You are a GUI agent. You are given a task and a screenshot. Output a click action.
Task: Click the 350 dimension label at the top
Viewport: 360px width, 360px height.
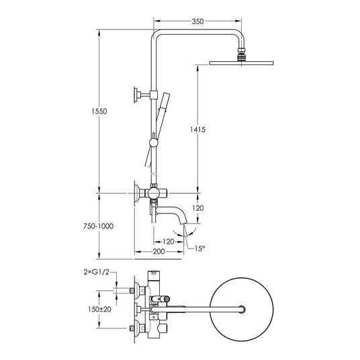click(x=197, y=21)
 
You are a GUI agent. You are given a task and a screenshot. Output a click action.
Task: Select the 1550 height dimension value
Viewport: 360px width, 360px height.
click(x=99, y=111)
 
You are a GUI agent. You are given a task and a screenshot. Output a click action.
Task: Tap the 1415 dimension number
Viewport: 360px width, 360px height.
click(x=197, y=130)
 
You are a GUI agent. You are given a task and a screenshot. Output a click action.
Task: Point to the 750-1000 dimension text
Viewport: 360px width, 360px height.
click(x=98, y=226)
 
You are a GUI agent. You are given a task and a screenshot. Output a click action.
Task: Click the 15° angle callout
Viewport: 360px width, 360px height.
click(x=199, y=249)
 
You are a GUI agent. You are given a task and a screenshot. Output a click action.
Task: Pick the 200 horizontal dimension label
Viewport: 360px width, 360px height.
click(x=159, y=251)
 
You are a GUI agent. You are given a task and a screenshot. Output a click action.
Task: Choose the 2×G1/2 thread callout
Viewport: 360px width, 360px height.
click(x=97, y=272)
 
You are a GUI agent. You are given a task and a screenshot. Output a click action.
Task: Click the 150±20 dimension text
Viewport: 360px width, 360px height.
click(x=99, y=309)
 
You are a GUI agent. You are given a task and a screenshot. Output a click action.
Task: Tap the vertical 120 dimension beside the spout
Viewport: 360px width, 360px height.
click(x=197, y=208)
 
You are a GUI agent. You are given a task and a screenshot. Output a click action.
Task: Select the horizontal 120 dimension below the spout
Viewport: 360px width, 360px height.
click(x=169, y=242)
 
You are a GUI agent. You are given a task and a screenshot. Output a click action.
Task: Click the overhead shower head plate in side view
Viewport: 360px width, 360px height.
click(x=241, y=63)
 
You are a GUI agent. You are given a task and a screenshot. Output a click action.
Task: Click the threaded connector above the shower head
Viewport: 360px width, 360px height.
click(x=241, y=54)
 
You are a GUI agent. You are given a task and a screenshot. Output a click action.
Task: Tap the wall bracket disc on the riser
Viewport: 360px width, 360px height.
click(x=136, y=95)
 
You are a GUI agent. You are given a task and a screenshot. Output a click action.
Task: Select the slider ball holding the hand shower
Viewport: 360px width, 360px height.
click(x=153, y=143)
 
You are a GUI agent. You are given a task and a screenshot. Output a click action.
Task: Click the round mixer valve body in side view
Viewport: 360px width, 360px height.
click(x=153, y=193)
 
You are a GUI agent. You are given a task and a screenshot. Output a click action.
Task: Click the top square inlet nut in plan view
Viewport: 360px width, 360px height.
click(x=132, y=291)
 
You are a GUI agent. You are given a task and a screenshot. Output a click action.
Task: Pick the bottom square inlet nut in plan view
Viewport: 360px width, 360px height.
click(x=132, y=328)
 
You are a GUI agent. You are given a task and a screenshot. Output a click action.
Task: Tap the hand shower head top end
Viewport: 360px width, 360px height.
click(x=166, y=93)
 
